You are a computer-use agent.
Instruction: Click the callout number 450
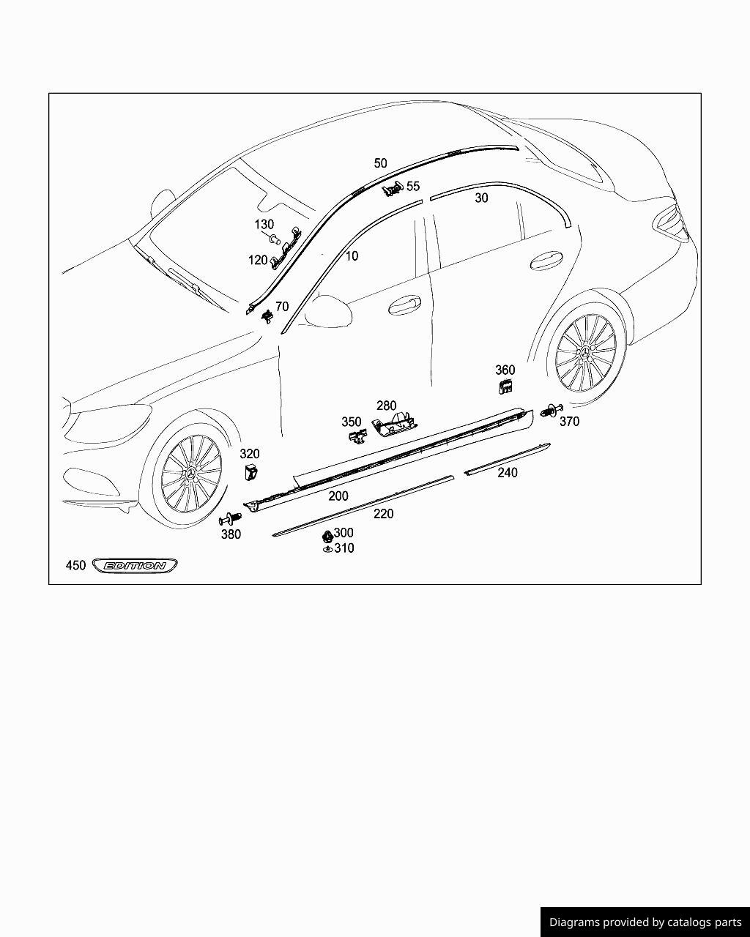click(x=75, y=565)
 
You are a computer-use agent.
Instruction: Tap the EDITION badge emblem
click(x=135, y=565)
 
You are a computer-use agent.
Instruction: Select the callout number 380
click(x=231, y=534)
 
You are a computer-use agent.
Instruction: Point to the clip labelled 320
click(x=250, y=471)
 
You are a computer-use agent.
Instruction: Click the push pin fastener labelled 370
click(x=550, y=411)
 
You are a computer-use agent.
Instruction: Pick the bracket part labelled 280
click(x=394, y=425)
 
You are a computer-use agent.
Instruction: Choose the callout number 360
click(x=505, y=370)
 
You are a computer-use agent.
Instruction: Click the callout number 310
click(x=344, y=548)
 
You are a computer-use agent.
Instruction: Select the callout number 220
click(x=383, y=514)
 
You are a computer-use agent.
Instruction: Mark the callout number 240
click(x=508, y=473)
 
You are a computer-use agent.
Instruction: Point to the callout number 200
click(x=338, y=496)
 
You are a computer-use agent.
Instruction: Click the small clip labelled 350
click(x=357, y=437)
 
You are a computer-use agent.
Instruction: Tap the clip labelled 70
click(x=267, y=315)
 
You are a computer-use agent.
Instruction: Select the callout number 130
click(x=264, y=225)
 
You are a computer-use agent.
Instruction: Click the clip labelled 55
click(x=393, y=190)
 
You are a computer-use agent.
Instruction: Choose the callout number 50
click(x=380, y=163)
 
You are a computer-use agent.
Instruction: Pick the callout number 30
click(x=481, y=198)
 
